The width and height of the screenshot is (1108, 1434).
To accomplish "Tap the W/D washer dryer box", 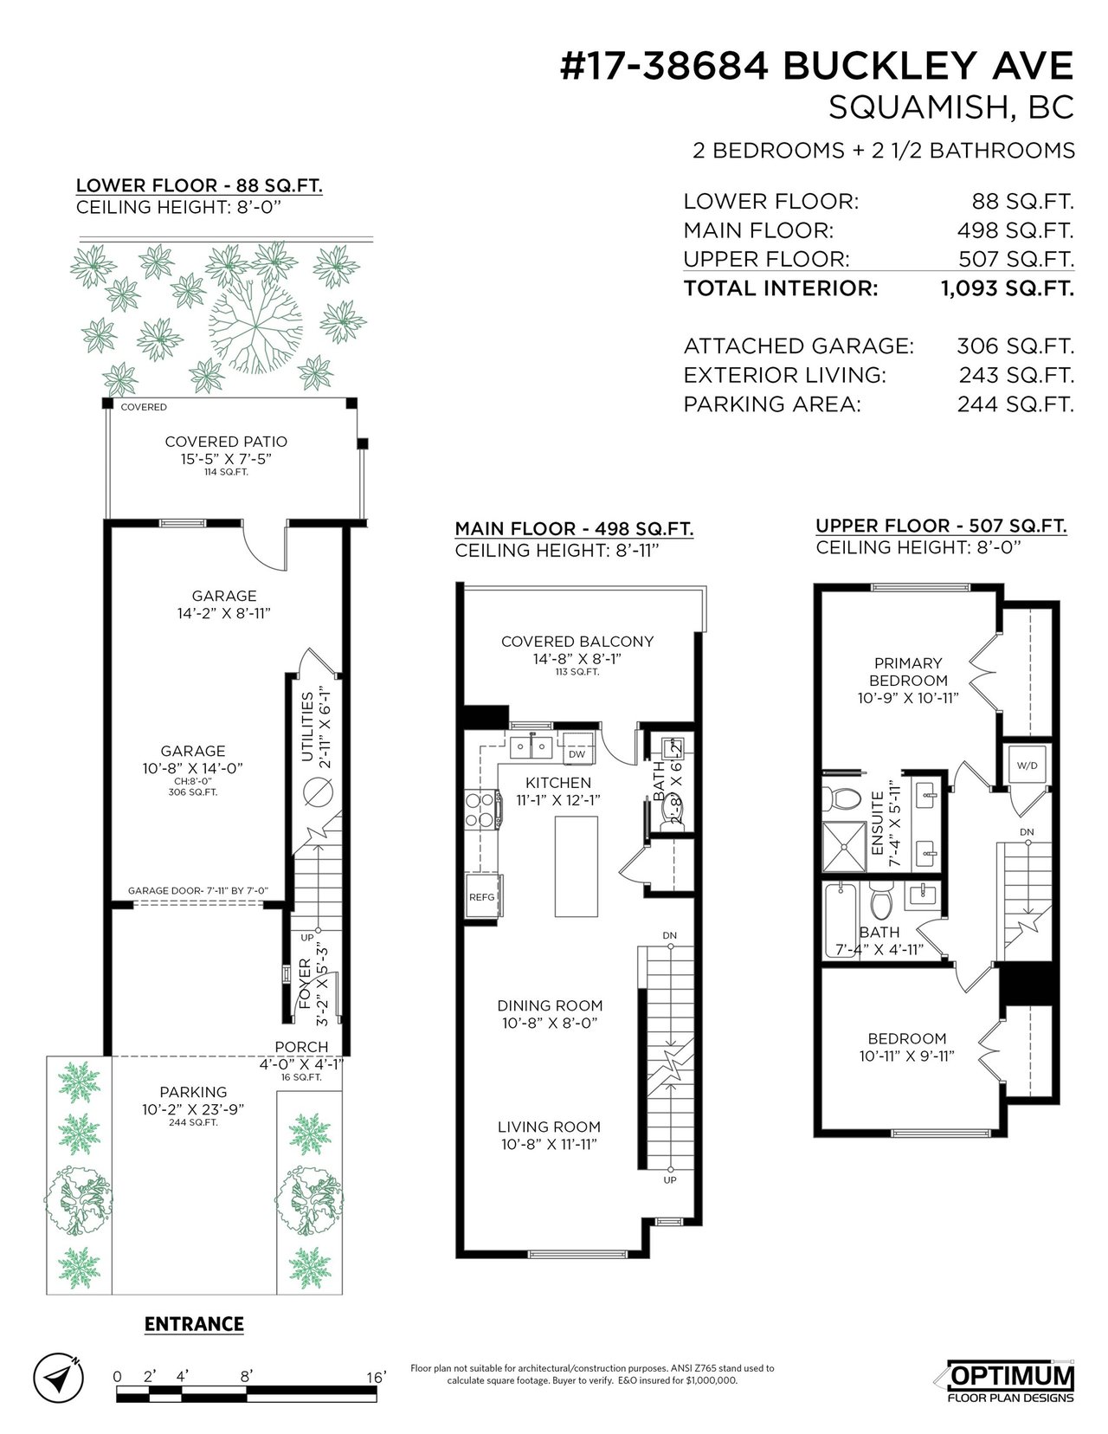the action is [1027, 765].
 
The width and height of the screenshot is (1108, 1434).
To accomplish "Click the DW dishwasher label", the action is [577, 754].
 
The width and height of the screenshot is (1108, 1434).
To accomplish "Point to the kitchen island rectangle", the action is [577, 867].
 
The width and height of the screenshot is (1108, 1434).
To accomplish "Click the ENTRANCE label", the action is [194, 1324].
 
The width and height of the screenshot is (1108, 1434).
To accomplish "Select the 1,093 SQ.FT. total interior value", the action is [1008, 288].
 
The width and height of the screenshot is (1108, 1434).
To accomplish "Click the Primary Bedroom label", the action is [908, 672].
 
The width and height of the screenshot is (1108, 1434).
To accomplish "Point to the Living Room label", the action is [550, 1127].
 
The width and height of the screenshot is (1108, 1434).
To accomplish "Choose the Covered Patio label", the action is [226, 442].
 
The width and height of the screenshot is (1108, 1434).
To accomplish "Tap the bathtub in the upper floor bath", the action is [841, 920].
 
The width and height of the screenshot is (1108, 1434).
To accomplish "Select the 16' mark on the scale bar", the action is [376, 1377].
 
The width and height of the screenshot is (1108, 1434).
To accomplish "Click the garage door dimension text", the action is [198, 890].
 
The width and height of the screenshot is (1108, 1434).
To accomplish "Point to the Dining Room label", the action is [550, 1005].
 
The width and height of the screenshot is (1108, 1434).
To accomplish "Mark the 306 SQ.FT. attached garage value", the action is [1015, 346].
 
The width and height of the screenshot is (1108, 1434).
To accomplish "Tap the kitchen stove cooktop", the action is [482, 810].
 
